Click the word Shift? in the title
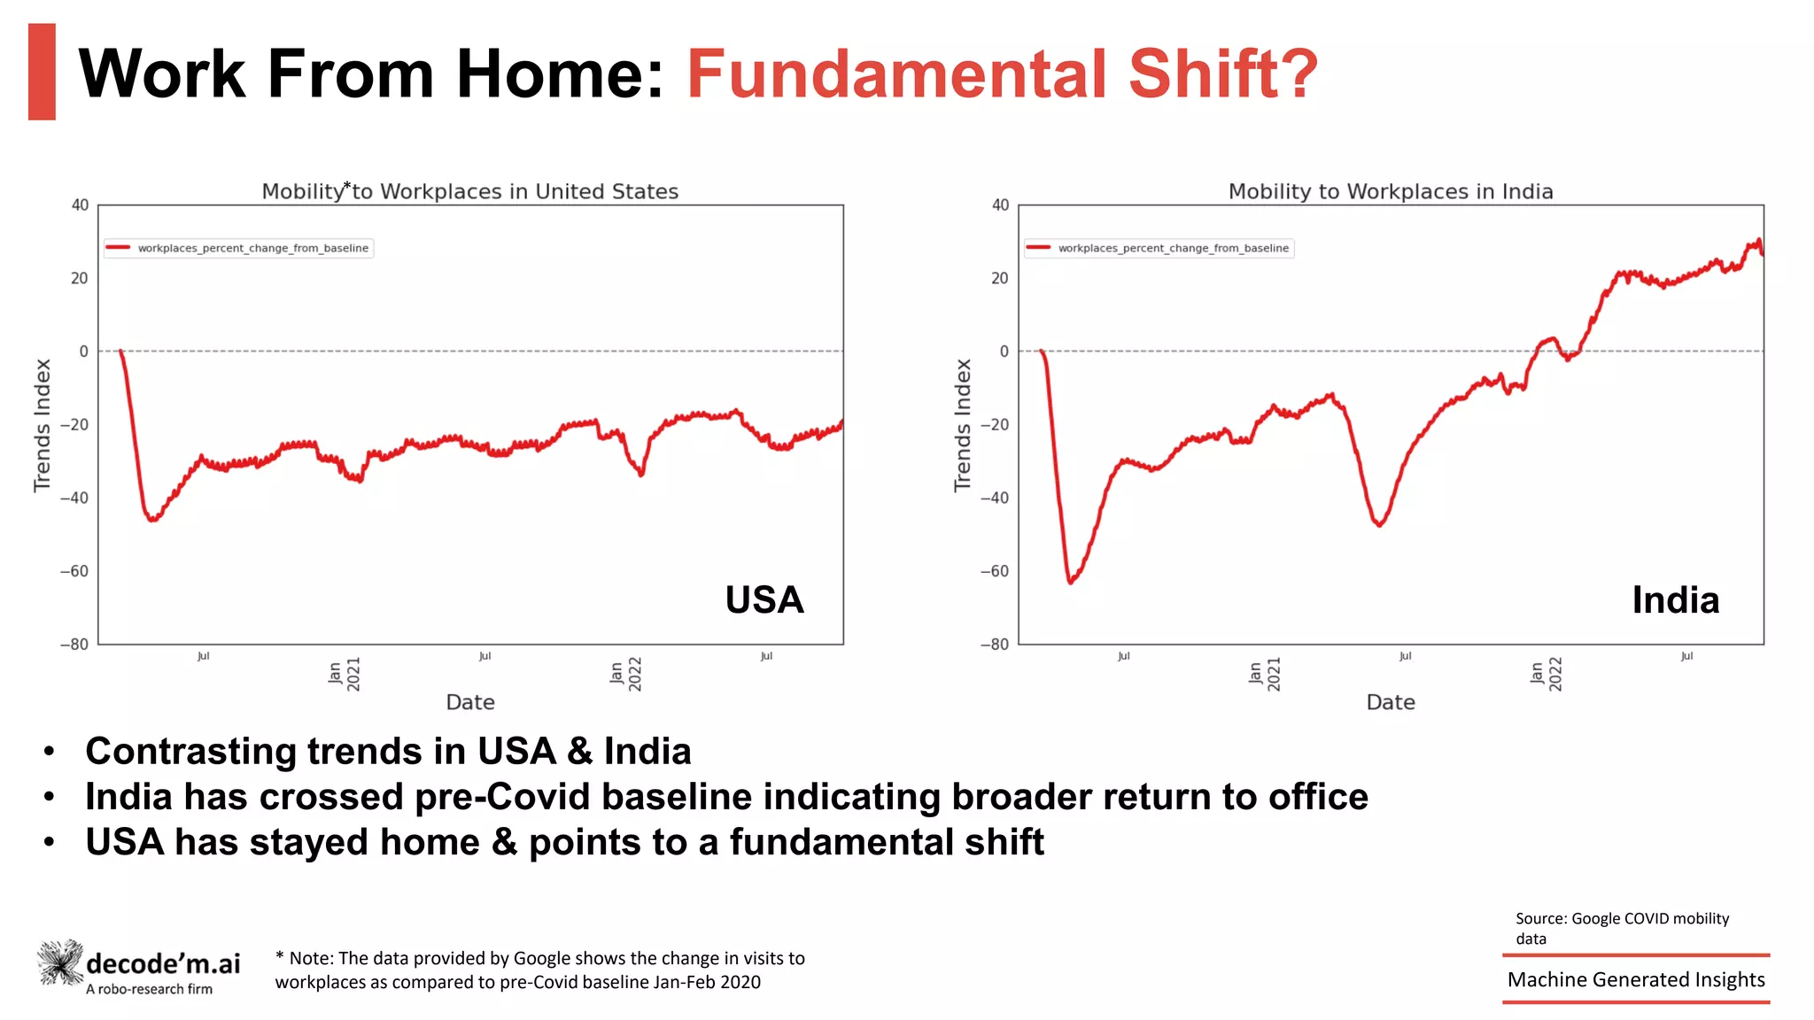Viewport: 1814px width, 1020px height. tap(1223, 74)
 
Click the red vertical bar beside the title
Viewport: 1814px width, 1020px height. tap(42, 72)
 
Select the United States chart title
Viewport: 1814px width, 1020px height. tap(469, 191)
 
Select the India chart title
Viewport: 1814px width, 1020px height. tap(1390, 191)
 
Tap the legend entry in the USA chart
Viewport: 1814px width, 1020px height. tap(239, 248)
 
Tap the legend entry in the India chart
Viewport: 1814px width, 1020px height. tap(1159, 248)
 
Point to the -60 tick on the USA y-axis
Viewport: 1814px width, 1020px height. tap(74, 571)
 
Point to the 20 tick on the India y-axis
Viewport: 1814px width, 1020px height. tap(999, 278)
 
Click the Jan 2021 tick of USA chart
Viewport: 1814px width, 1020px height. tap(344, 674)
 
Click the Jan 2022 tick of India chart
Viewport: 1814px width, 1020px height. tap(1546, 674)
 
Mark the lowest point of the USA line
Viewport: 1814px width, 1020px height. tap(152, 520)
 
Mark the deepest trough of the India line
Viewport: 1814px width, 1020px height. tap(1070, 582)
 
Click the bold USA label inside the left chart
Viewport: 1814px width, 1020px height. tap(764, 600)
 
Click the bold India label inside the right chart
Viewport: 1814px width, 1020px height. tap(1675, 600)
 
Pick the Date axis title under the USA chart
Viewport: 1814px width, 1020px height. tap(469, 702)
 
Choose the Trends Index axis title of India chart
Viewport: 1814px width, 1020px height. tap(963, 425)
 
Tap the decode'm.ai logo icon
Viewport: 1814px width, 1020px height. tap(60, 962)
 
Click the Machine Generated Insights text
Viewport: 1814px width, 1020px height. tap(1636, 979)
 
